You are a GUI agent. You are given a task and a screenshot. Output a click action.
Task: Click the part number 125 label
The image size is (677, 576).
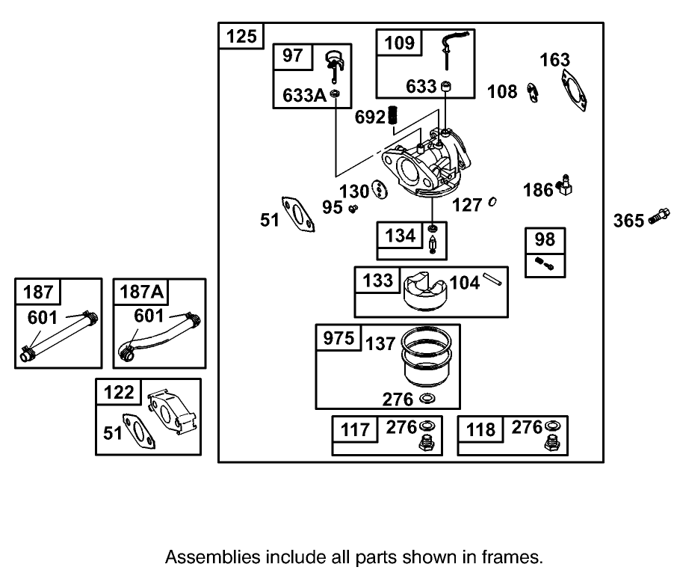[241, 36]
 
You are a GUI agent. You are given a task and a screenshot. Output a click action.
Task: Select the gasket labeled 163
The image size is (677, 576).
[573, 91]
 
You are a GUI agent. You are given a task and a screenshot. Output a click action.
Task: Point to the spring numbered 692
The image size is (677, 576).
[397, 117]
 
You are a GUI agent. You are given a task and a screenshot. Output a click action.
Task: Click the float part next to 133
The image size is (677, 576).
[424, 293]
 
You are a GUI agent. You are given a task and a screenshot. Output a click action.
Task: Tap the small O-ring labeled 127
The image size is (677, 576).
[493, 202]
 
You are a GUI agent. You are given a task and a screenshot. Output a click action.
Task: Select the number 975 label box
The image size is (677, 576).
[338, 338]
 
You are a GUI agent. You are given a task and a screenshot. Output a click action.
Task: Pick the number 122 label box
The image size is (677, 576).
[119, 392]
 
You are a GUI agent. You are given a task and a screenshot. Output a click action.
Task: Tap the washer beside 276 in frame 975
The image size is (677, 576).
[428, 397]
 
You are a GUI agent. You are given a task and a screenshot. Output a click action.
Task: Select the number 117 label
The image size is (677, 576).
[355, 429]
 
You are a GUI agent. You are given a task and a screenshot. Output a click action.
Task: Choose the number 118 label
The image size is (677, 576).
[480, 429]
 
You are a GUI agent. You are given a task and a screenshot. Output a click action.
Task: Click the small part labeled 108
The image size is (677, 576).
[533, 93]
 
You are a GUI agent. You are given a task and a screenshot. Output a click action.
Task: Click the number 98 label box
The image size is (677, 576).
[545, 239]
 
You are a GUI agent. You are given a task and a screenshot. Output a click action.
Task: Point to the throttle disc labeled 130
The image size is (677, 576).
[378, 190]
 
